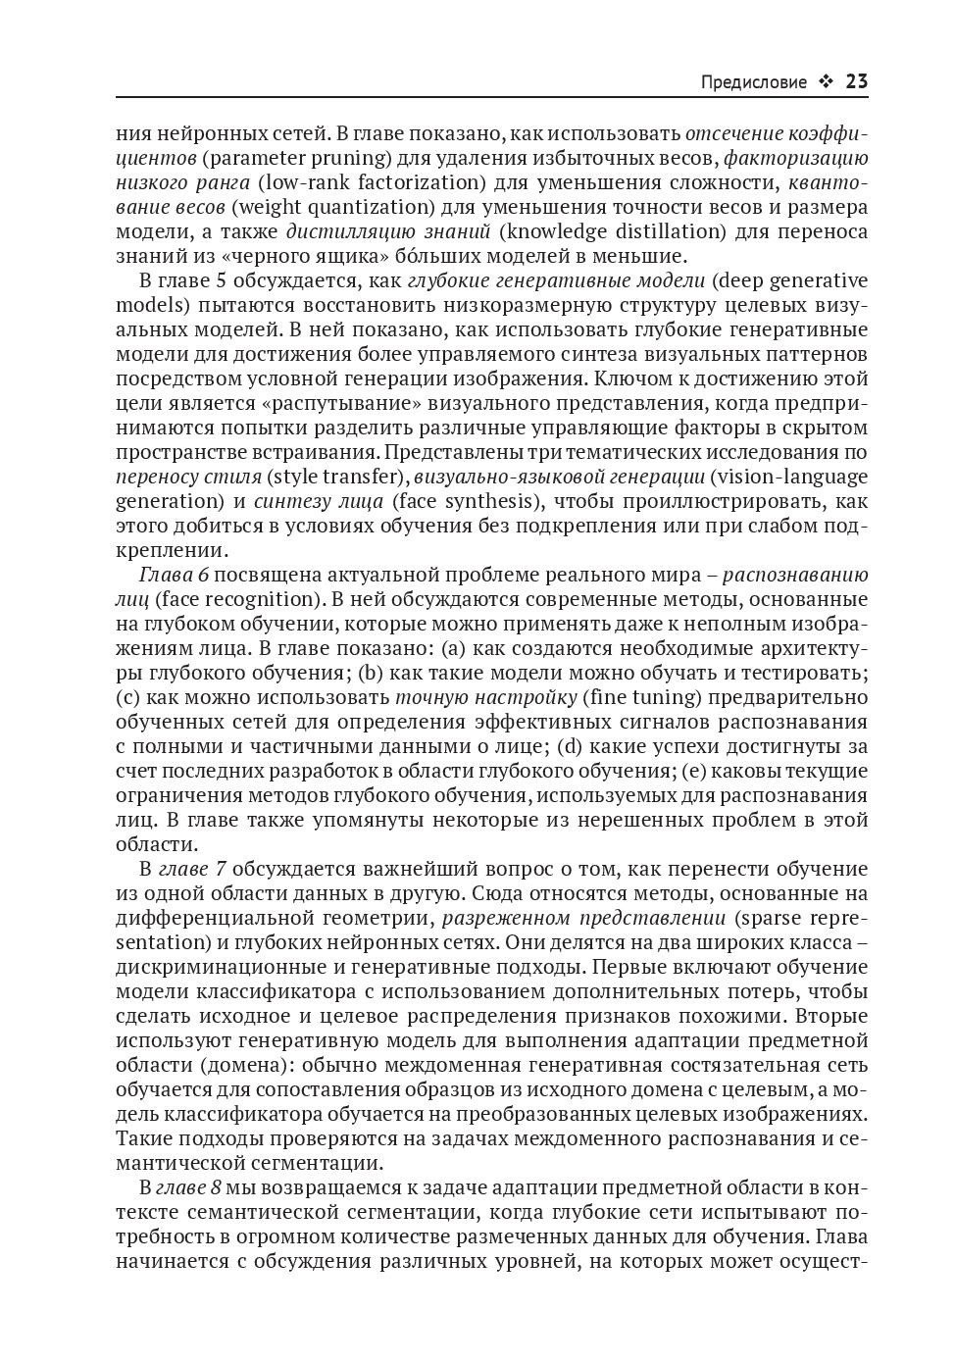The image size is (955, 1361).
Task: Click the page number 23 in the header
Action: (856, 81)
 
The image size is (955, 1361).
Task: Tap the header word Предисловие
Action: (754, 82)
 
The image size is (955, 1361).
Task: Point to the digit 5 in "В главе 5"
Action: (222, 280)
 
